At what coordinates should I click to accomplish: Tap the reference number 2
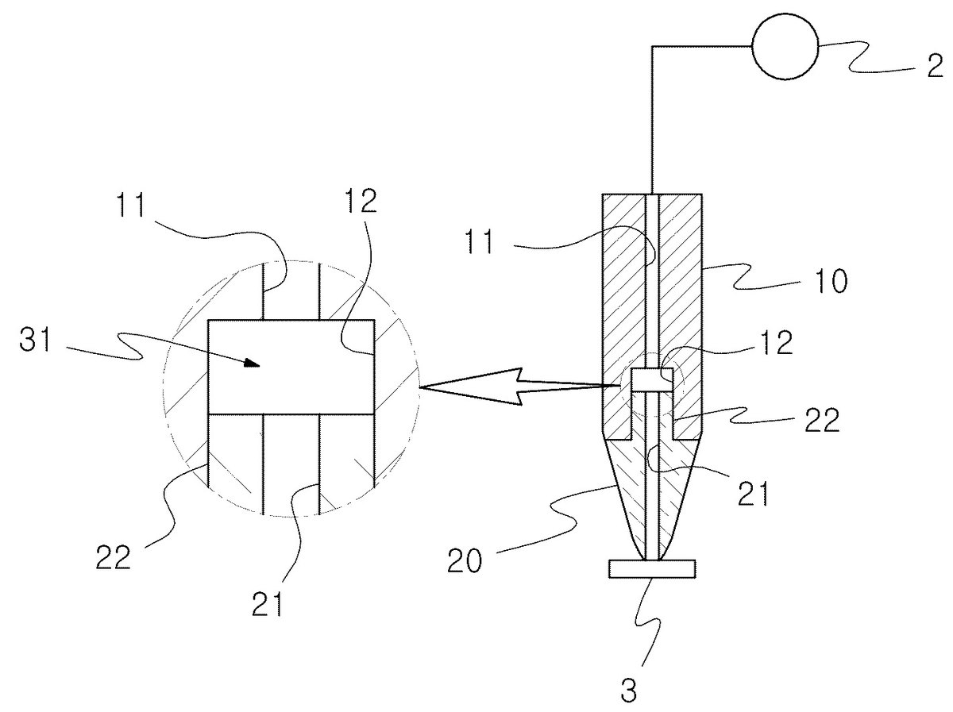pos(934,67)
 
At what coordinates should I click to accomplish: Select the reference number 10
pos(831,281)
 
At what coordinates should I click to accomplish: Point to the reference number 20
pos(465,560)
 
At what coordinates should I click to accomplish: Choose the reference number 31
pos(36,340)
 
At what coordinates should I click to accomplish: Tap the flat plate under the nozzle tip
pos(652,569)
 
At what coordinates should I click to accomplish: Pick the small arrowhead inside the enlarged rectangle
pos(251,364)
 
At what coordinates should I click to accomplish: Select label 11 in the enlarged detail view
pos(131,205)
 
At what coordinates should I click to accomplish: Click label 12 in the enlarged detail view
pos(360,201)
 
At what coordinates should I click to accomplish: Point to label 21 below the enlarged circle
pos(267,604)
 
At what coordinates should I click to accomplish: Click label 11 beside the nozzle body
pos(480,241)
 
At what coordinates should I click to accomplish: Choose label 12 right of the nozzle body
pos(777,343)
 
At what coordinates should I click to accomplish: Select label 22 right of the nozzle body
pos(822,420)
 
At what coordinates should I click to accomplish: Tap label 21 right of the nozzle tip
pos(753,494)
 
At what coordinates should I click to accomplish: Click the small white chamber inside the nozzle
pos(652,379)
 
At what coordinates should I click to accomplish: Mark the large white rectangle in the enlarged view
pos(291,367)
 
